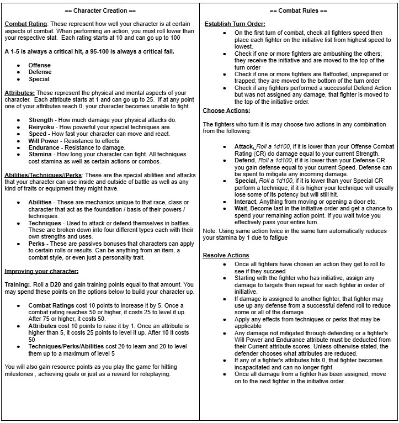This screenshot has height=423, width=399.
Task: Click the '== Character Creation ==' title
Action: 100,10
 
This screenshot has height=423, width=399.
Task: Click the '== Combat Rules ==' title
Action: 299,10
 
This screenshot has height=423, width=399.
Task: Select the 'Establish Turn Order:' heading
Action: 235,24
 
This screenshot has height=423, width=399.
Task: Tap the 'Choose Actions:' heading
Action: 226,110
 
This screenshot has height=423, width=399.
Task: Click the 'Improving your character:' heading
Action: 41,271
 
